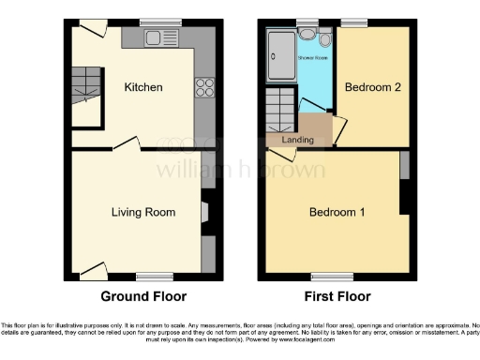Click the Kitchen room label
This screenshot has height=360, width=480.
[x=143, y=87]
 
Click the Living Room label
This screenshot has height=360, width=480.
[x=143, y=212]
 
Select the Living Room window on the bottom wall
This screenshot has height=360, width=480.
[x=154, y=276]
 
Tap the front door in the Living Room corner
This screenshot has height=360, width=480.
[x=92, y=271]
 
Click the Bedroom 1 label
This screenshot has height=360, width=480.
[x=336, y=212]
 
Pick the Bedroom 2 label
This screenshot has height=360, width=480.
[x=372, y=87]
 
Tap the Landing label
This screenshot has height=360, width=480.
[x=297, y=141]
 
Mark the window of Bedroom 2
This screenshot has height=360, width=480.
[x=353, y=22]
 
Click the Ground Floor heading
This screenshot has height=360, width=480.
[x=143, y=296]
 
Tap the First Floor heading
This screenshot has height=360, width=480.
[x=337, y=296]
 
